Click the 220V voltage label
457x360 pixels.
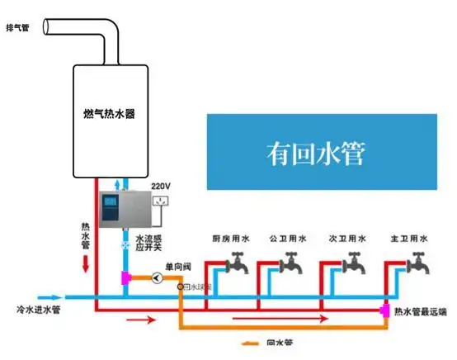click(x=161, y=187)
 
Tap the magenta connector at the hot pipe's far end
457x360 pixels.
click(x=384, y=310)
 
